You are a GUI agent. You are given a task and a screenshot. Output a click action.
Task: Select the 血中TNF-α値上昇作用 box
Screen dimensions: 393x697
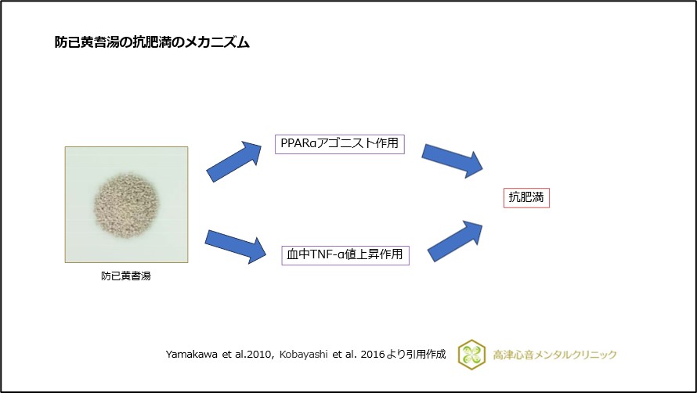(x=345, y=254)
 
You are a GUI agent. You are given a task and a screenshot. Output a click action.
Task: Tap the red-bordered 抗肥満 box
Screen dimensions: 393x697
(x=526, y=197)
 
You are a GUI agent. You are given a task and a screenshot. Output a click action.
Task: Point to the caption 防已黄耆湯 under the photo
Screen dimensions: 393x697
(x=125, y=276)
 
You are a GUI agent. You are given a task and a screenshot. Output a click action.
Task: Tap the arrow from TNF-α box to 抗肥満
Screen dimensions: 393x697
(x=456, y=240)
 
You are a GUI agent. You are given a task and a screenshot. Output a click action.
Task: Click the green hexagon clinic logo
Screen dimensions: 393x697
(x=471, y=354)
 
